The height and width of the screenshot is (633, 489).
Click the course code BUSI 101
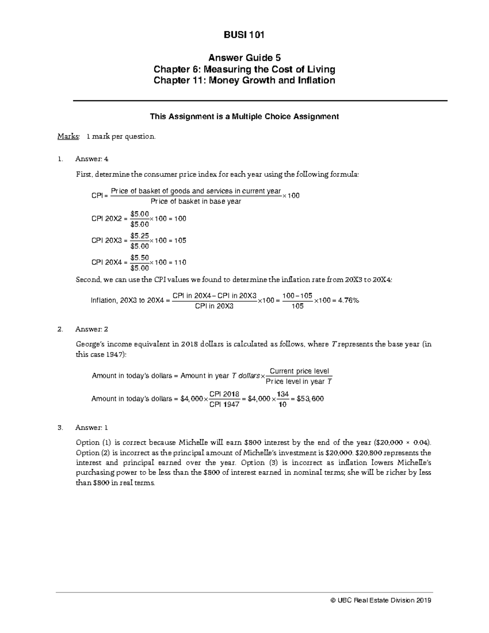(244, 35)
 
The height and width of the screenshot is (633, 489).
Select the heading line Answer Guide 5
(244, 57)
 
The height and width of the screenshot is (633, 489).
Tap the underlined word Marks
(68, 137)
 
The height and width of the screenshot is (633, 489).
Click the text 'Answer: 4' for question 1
(92, 159)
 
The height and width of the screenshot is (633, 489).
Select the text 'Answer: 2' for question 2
(92, 329)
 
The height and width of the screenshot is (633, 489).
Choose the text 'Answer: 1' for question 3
(92, 428)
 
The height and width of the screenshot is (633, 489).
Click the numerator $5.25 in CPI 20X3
(139, 236)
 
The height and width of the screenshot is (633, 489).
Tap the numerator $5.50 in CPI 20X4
(139, 258)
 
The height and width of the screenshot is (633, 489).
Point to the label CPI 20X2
(107, 219)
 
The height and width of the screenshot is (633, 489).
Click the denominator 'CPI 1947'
(224, 405)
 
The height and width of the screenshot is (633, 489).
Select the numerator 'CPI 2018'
(224, 394)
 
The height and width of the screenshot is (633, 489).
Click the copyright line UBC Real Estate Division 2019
(381, 600)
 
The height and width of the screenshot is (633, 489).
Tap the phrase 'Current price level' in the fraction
(299, 371)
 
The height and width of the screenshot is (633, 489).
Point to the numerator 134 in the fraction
(282, 394)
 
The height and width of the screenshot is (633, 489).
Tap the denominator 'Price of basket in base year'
(196, 201)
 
